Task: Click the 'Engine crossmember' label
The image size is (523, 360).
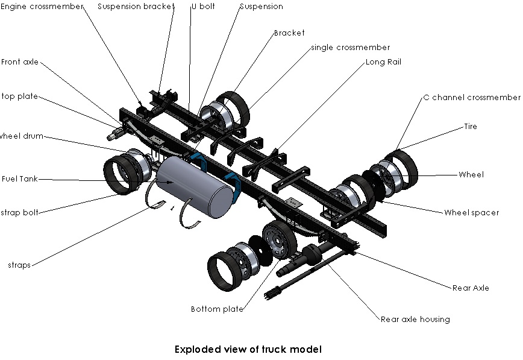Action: click(42, 7)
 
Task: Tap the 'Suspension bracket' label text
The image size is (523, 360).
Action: click(136, 7)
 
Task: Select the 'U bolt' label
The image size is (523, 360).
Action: click(204, 7)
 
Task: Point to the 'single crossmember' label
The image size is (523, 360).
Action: click(351, 48)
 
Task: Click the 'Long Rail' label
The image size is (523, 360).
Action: click(384, 62)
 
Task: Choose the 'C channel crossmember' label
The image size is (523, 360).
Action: click(472, 97)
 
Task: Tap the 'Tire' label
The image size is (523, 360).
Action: click(471, 126)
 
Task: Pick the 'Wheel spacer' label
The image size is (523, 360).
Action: click(472, 213)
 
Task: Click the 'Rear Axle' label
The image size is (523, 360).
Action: click(471, 288)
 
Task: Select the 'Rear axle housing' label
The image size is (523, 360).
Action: click(415, 320)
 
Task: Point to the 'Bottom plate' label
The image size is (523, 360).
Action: click(217, 309)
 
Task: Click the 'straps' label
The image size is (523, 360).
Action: click(19, 265)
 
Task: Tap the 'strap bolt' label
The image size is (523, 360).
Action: click(20, 213)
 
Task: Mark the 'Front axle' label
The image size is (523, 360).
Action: click(20, 62)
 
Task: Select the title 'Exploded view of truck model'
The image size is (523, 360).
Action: click(248, 349)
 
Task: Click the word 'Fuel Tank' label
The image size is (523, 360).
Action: click(20, 178)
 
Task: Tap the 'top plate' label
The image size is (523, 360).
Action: click(20, 96)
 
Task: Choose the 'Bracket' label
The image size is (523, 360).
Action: click(289, 33)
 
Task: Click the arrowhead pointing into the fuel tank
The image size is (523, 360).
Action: click(170, 182)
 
